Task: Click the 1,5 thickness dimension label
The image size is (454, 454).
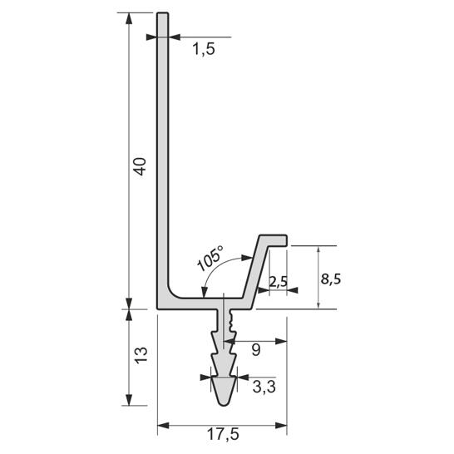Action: tap(204, 49)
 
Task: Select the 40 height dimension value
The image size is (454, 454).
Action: tap(141, 166)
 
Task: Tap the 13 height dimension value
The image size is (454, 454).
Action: tap(141, 355)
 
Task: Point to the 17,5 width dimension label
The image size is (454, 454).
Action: tap(223, 434)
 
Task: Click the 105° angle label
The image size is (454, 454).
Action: tap(210, 258)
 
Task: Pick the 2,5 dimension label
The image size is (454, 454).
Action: tap(278, 281)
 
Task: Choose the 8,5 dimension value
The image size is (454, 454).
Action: tap(331, 279)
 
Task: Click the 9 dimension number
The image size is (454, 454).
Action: tap(256, 350)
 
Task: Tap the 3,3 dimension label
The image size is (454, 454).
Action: tap(264, 387)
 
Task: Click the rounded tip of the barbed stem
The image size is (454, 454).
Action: tap(224, 403)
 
